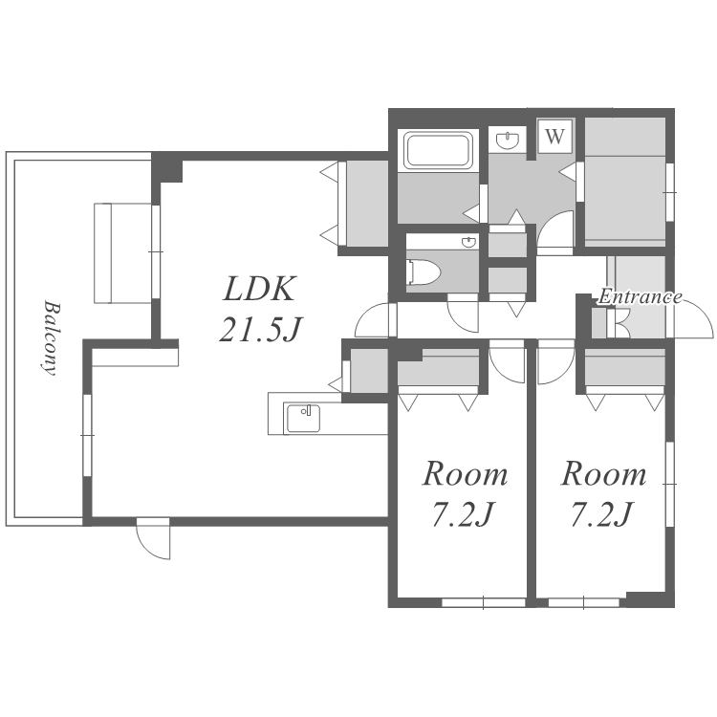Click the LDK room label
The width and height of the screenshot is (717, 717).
click(259, 289)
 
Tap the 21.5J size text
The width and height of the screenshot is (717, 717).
click(261, 329)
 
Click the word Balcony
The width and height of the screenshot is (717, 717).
click(50, 337)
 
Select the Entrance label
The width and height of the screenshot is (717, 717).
click(641, 297)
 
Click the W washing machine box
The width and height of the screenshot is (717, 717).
click(555, 136)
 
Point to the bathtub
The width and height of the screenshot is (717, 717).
click(439, 149)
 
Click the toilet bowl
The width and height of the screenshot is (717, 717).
click(424, 272)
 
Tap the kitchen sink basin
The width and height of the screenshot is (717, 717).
click(302, 418)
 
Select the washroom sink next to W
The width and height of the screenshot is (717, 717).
click(508, 140)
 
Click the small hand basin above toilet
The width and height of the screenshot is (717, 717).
click(468, 243)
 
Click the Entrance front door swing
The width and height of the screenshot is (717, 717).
click(693, 319)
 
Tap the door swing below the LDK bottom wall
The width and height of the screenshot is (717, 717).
click(153, 538)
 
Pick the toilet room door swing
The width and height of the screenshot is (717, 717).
click(463, 314)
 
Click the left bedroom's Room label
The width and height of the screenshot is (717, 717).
click(465, 474)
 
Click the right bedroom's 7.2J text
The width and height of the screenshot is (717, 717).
click(601, 514)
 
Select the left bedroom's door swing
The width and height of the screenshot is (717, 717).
click(507, 361)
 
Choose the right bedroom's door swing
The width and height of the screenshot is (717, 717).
click(556, 361)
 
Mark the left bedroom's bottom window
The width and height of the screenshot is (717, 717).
click(484, 603)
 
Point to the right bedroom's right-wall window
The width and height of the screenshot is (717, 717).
click(670, 484)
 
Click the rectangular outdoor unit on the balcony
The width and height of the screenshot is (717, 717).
click(123, 253)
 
